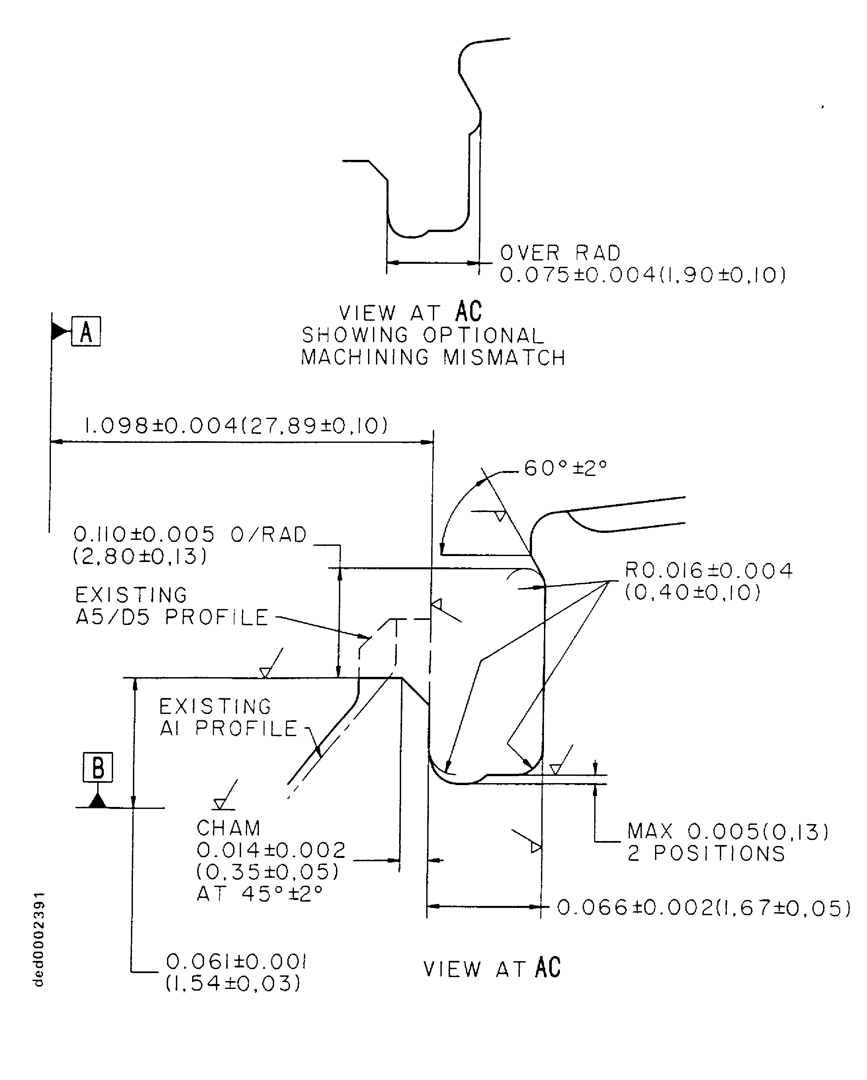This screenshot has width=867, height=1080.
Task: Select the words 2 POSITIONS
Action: click(x=706, y=854)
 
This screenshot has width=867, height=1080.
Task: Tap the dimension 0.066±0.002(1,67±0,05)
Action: click(x=703, y=907)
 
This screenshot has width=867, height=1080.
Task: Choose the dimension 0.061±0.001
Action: click(x=236, y=961)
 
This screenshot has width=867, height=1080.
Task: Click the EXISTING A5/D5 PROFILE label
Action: click(x=172, y=606)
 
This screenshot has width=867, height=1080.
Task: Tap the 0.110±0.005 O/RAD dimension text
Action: click(x=190, y=535)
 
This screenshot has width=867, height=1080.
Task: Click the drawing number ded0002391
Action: click(x=39, y=939)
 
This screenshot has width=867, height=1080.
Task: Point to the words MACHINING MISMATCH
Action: click(x=433, y=358)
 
